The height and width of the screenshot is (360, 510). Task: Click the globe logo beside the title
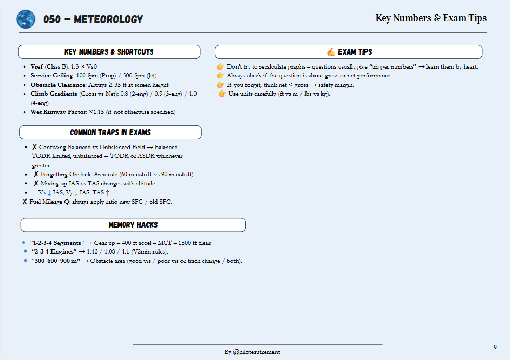point(25,19)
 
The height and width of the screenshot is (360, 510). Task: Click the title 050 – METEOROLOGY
point(93,20)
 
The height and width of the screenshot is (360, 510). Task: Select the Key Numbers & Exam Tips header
point(431,18)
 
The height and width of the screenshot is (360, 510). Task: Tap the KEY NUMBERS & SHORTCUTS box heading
point(109,52)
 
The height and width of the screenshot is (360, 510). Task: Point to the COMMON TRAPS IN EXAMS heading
point(110,132)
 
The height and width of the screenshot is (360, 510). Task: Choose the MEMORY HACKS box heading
point(133,225)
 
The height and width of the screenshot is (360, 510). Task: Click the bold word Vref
point(37,67)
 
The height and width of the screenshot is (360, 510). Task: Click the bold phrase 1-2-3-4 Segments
point(57,243)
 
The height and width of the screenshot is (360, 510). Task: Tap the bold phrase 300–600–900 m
point(55,261)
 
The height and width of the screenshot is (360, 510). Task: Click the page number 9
point(495,346)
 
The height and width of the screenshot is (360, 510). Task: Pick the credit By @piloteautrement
point(252,352)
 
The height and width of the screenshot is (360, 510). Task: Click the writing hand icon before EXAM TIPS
point(331,52)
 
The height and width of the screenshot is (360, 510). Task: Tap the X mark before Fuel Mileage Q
point(25,202)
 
